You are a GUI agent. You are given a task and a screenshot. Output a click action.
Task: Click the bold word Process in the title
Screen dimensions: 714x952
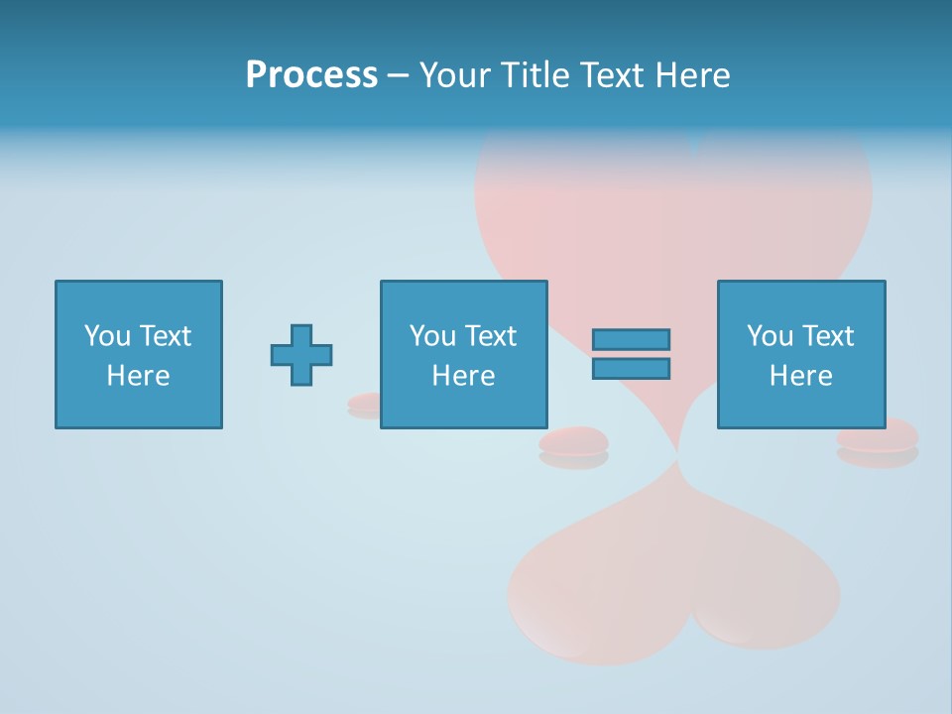coord(311,75)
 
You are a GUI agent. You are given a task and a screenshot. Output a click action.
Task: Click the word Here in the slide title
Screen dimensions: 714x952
coord(691,75)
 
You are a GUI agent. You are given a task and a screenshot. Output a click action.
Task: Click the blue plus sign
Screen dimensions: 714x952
coord(301,354)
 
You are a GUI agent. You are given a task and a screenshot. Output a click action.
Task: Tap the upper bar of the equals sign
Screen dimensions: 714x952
coord(631,339)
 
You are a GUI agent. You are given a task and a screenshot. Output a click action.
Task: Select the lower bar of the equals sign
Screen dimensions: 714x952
coord(631,368)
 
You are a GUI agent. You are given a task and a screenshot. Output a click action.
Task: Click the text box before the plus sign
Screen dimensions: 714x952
coord(138,354)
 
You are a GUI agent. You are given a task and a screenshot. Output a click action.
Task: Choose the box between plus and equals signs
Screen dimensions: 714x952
coord(463,354)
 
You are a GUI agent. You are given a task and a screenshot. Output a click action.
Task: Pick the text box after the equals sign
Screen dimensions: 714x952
coord(800,354)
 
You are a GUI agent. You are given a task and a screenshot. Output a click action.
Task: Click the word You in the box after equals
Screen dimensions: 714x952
coord(770,336)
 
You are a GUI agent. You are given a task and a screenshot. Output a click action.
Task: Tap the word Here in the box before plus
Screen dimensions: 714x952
coord(138,376)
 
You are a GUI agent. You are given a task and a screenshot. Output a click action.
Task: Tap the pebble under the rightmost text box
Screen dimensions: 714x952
coord(878,437)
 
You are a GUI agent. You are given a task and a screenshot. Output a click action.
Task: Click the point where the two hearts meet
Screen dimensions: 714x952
coord(678,456)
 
